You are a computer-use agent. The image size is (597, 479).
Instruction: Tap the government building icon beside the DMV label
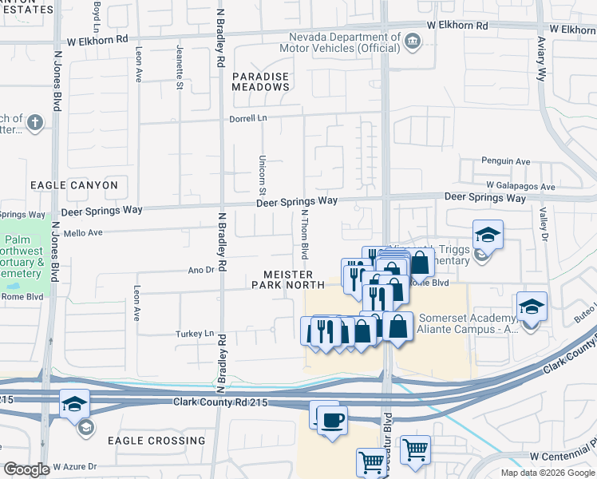click(x=412, y=41)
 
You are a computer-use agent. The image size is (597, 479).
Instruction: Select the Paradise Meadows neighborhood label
click(x=261, y=81)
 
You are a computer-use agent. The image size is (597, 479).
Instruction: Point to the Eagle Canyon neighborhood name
click(x=74, y=185)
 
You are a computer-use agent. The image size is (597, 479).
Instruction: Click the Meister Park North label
click(x=288, y=279)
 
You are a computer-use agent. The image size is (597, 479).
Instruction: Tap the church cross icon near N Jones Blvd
click(x=34, y=123)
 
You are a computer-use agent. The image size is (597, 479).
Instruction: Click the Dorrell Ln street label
click(x=247, y=118)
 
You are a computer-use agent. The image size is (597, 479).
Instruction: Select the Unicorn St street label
click(x=262, y=175)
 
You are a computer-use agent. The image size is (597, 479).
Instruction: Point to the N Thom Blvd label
click(x=304, y=235)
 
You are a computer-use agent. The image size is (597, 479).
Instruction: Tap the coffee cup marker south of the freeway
click(x=332, y=419)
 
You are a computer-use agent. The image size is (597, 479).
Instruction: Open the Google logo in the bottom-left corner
click(x=26, y=470)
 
